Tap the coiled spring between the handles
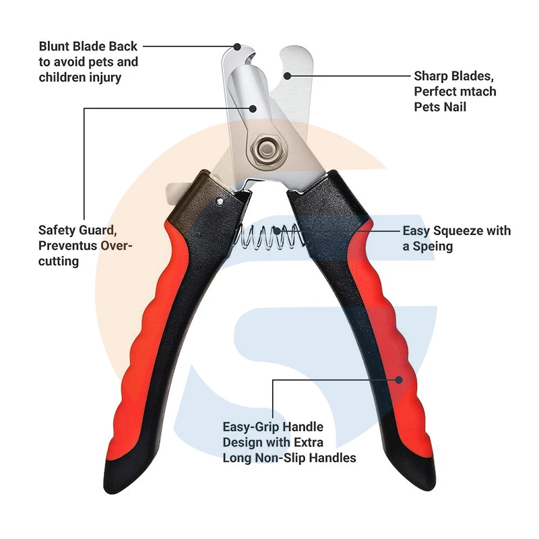click(269, 236)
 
